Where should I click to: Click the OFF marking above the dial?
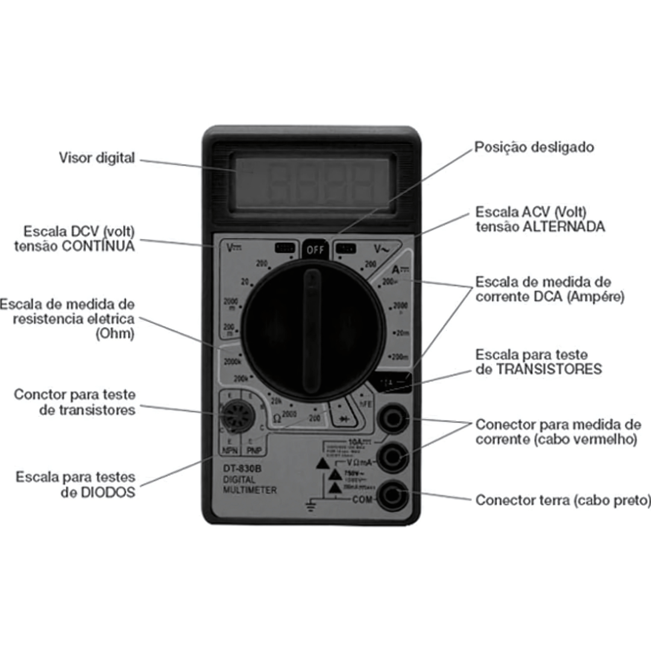(x=315, y=250)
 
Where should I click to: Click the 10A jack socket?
(x=393, y=418)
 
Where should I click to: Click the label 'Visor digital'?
(x=96, y=158)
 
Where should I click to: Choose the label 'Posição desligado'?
(x=534, y=147)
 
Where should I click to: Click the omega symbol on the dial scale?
(x=277, y=417)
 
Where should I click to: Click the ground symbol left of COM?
(x=311, y=505)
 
